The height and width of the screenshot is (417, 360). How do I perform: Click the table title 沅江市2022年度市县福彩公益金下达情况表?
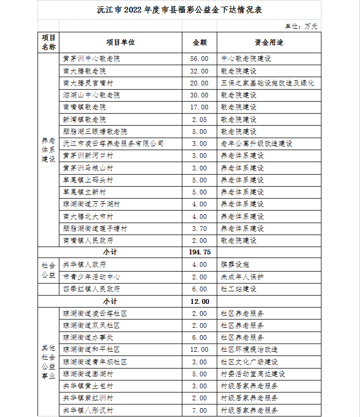pos(180,9)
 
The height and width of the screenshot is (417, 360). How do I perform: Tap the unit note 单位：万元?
pos(301,26)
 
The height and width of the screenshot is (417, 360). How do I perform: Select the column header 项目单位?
pos(120,42)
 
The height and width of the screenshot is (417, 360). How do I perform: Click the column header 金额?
pos(200,42)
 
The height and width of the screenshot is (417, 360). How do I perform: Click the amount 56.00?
pos(200,59)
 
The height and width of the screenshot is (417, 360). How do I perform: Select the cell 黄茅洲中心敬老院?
pos(91,59)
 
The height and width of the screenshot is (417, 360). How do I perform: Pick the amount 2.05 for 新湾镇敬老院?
pos(200,119)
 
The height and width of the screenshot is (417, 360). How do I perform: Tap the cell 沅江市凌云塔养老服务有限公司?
pos(113,143)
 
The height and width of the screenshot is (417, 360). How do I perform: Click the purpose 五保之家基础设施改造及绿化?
pos(267,83)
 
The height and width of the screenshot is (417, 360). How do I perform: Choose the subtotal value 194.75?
pos(200,252)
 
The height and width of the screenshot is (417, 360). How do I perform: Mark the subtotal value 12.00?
pos(200,301)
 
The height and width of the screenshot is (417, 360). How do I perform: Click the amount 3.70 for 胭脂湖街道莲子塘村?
pos(200,228)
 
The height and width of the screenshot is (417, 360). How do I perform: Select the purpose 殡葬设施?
pos(235,264)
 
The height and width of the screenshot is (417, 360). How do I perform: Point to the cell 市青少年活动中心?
pos(91,277)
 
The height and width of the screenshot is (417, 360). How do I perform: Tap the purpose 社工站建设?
pos(239,289)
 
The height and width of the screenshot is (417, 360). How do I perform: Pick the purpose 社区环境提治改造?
pos(249,349)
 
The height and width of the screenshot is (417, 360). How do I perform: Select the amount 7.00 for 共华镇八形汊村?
pos(200,410)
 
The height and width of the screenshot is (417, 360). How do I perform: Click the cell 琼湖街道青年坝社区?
pos(95,362)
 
